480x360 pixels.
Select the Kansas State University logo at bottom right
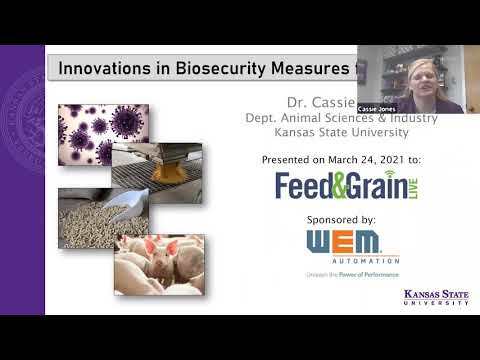(435, 297)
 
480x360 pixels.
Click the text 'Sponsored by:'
(337, 218)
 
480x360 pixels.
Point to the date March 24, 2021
(380, 159)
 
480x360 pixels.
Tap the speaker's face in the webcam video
(417, 74)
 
